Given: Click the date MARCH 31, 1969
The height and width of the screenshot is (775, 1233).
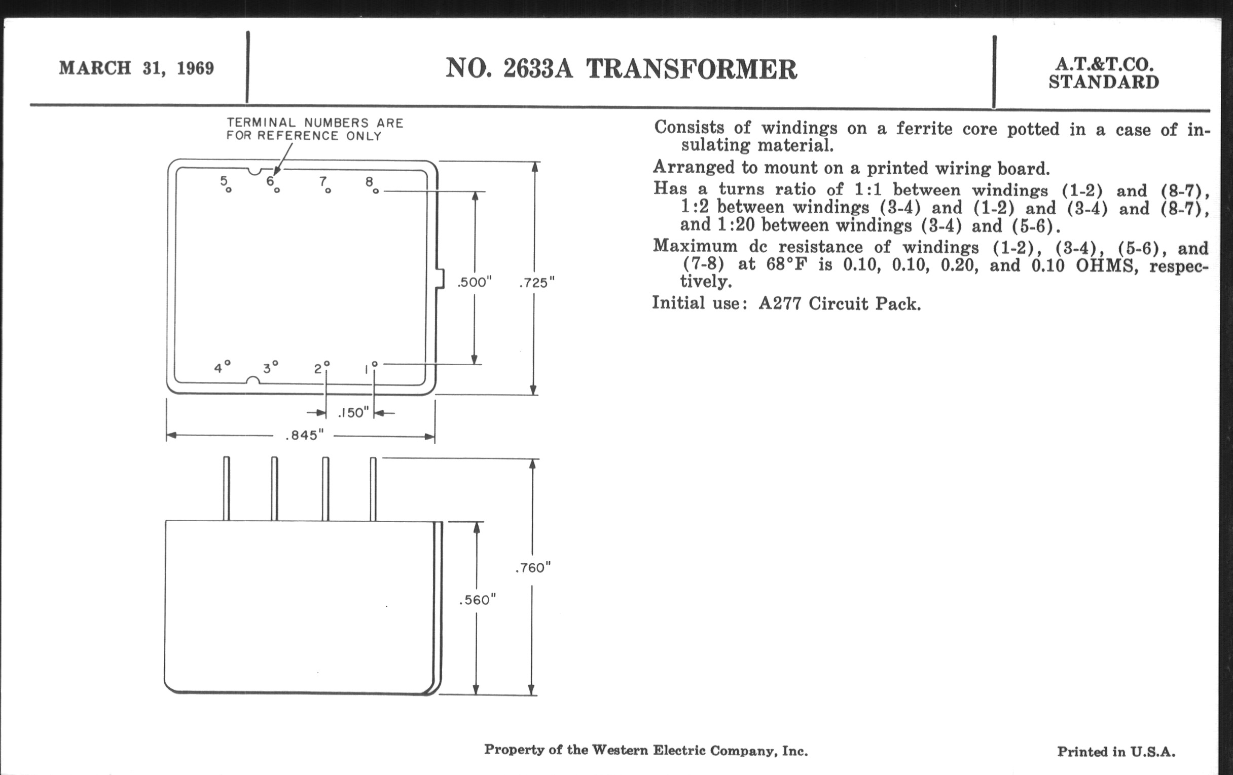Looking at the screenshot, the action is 136,68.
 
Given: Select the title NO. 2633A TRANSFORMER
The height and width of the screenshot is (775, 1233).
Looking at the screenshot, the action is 621,69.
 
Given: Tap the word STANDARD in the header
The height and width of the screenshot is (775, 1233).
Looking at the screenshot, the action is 1103,83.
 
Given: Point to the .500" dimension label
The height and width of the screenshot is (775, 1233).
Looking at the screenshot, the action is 474,282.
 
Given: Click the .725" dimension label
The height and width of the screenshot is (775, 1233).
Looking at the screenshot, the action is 536,283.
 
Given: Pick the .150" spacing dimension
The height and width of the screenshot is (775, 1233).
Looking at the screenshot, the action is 353,412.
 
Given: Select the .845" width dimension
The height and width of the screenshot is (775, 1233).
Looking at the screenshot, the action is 305,435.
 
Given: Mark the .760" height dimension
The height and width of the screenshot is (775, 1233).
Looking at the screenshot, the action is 533,567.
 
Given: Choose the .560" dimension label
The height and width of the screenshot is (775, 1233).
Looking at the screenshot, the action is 478,600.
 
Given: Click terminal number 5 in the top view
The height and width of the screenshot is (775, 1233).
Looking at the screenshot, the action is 224,180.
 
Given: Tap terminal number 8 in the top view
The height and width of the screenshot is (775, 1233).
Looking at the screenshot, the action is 369,182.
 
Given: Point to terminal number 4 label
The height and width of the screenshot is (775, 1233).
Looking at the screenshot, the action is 219,368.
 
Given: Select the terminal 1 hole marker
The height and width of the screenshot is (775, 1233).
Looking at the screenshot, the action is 375,364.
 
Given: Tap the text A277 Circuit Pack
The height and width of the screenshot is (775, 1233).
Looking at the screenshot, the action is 840,304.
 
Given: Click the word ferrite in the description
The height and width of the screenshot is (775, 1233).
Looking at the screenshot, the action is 924,128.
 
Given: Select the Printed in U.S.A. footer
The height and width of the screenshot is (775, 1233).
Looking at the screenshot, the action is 1116,752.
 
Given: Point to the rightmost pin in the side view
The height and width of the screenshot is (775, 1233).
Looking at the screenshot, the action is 373,489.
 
